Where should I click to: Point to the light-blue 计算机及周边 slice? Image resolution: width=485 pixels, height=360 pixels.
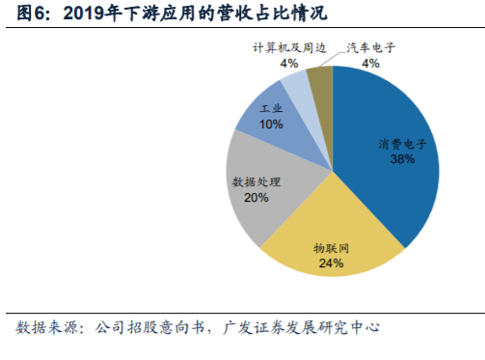[x=297, y=87]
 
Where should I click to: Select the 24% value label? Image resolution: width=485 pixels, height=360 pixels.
[x=331, y=262]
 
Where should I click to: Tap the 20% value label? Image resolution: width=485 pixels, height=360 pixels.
[x=256, y=197]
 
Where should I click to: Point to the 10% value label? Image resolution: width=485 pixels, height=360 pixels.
[x=271, y=125]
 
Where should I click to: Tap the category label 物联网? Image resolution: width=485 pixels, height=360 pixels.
[x=331, y=247]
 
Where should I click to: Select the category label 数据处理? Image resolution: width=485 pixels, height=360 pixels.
[x=256, y=181]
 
